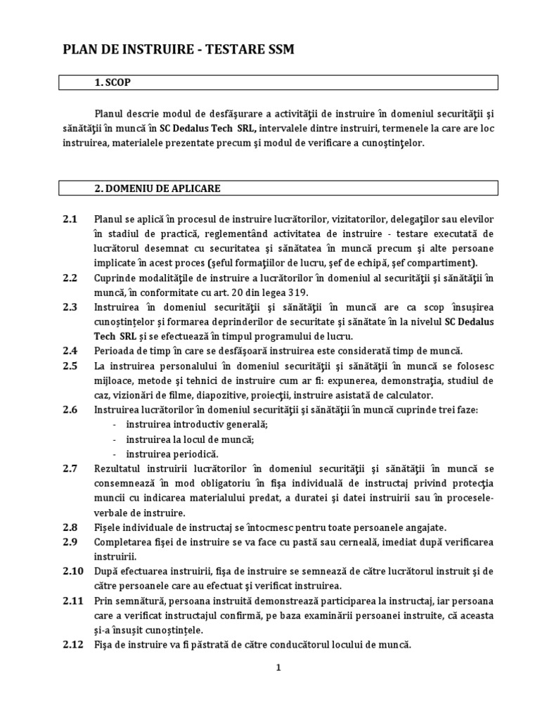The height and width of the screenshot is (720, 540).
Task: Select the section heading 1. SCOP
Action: click(x=112, y=83)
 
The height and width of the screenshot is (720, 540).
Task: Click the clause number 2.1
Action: click(x=70, y=218)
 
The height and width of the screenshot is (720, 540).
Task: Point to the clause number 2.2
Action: click(x=70, y=278)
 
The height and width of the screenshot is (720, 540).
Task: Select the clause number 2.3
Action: click(x=70, y=307)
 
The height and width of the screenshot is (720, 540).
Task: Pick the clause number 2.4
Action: click(x=70, y=350)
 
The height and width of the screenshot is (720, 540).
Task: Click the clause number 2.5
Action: click(x=70, y=365)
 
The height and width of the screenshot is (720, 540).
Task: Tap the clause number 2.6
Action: click(x=70, y=409)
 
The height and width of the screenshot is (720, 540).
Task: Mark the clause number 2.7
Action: click(x=70, y=468)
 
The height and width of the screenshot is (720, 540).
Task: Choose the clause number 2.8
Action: click(x=70, y=527)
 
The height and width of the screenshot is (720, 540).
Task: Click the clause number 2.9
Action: click(x=70, y=542)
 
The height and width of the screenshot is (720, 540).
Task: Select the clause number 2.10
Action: click(x=72, y=572)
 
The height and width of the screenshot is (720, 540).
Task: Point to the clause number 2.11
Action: click(x=72, y=601)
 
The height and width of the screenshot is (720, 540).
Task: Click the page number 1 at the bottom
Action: click(x=278, y=668)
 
